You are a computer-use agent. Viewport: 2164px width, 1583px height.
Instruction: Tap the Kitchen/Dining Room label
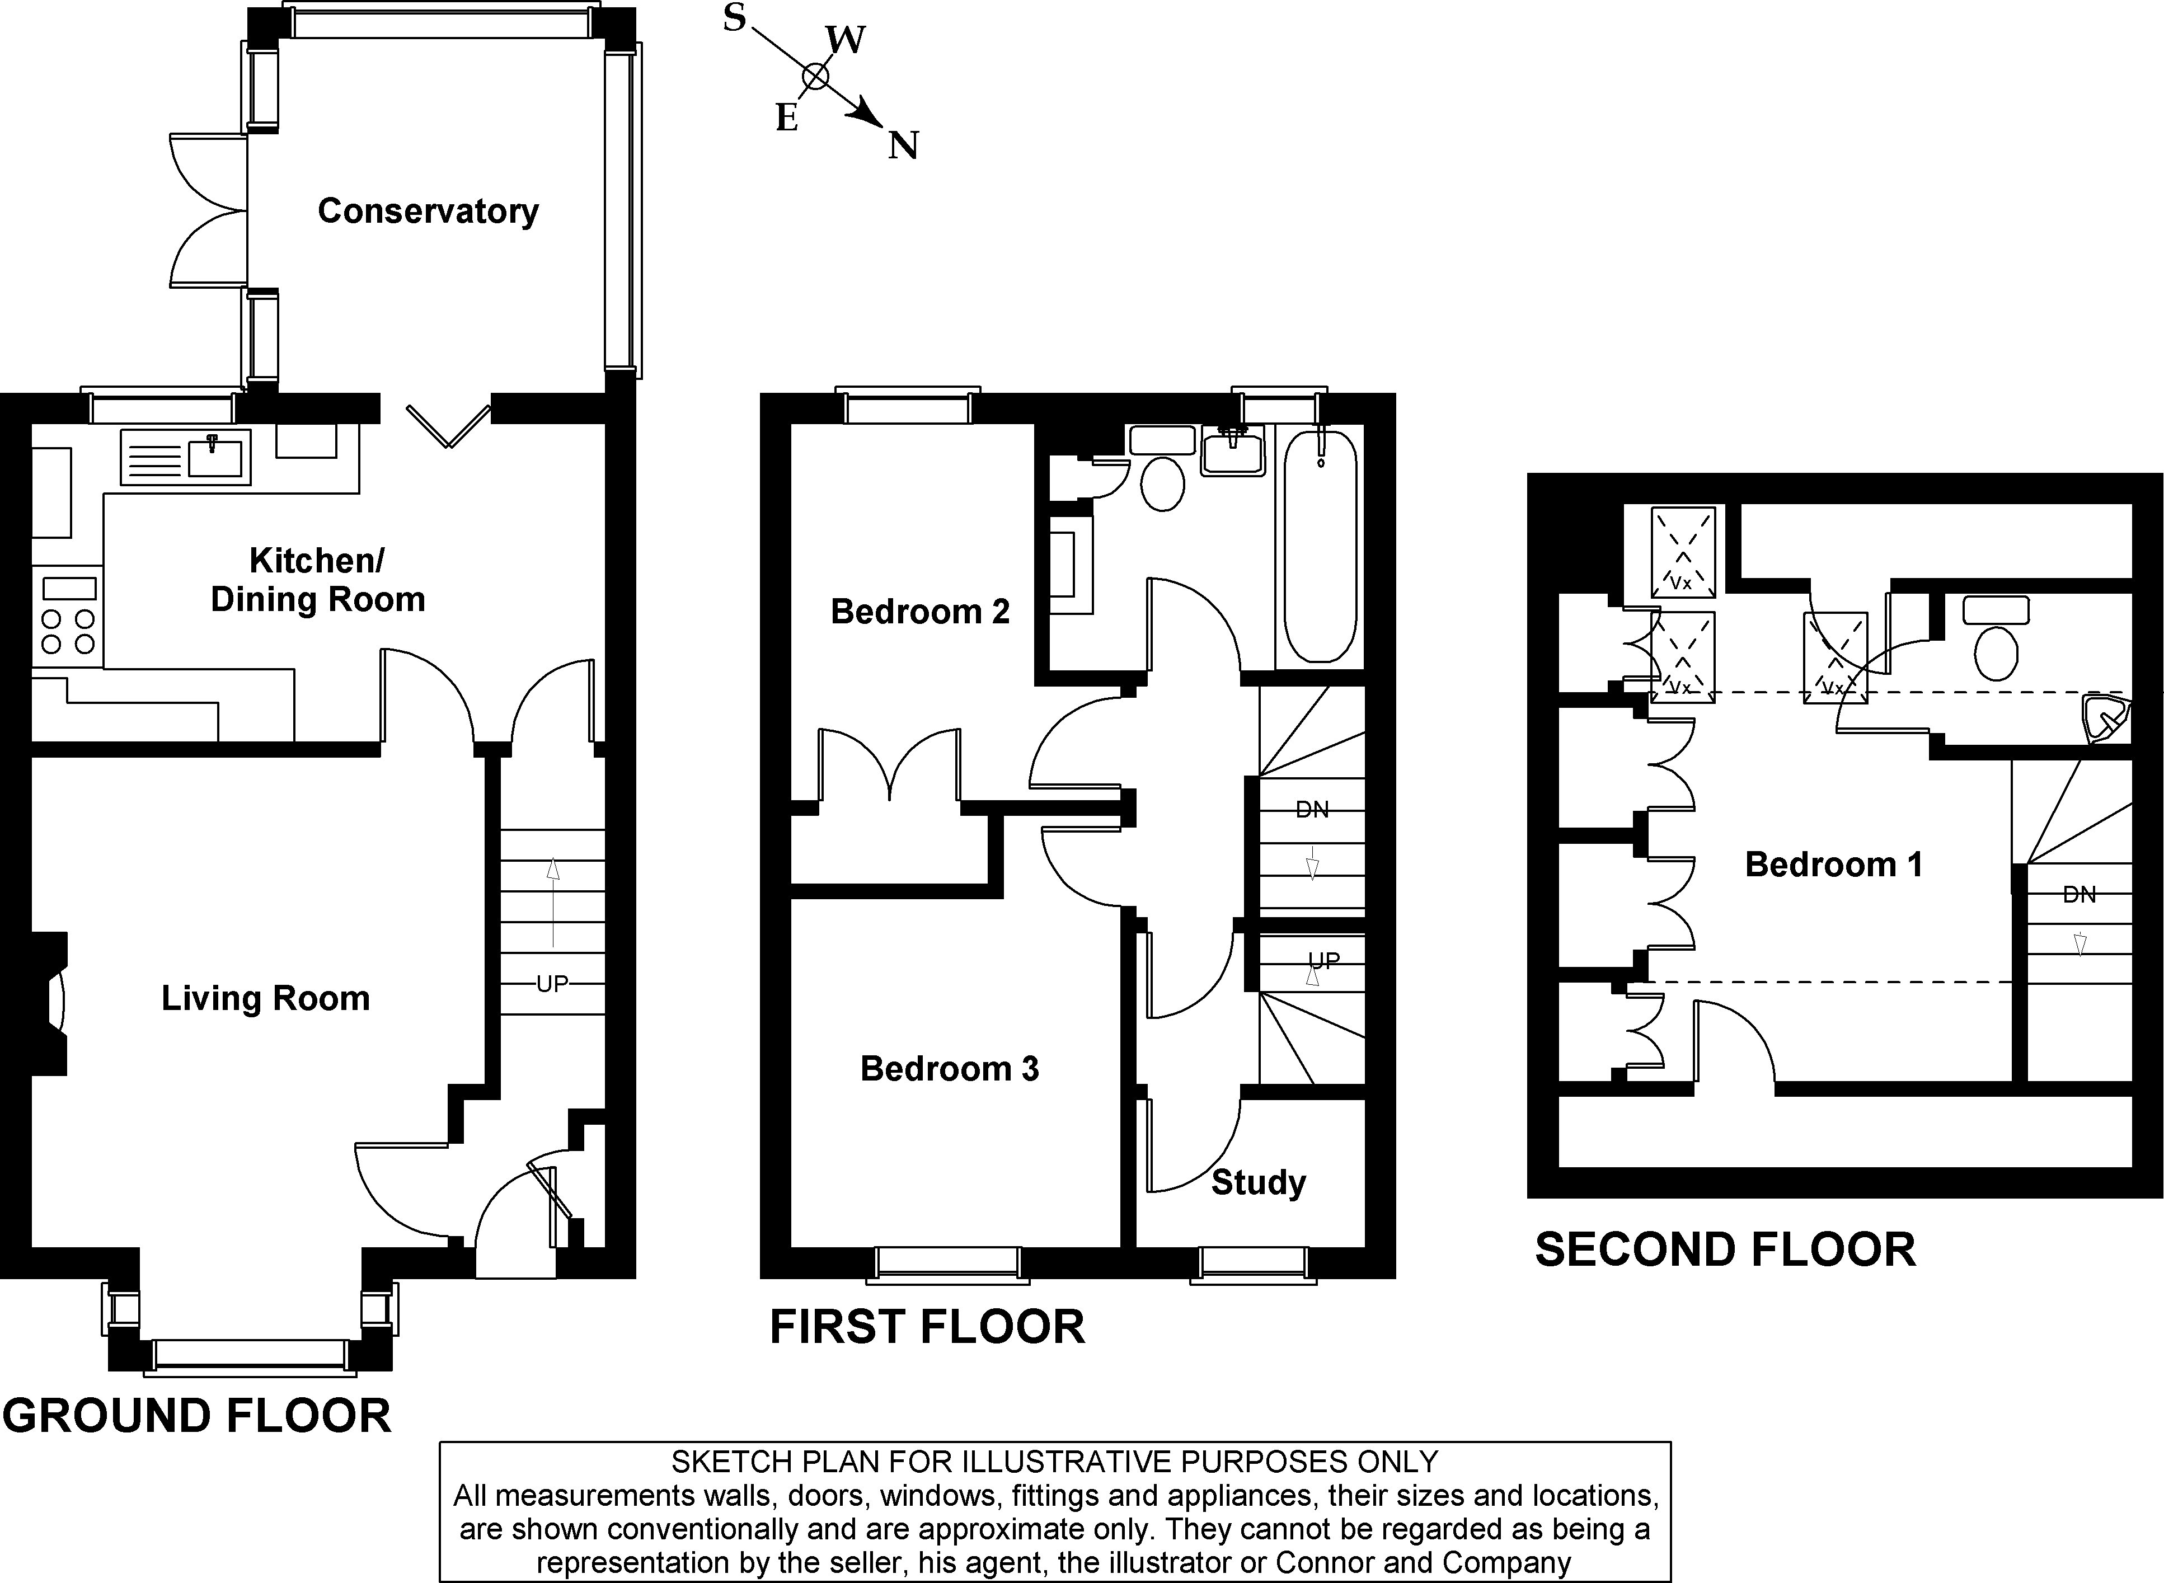[317, 580]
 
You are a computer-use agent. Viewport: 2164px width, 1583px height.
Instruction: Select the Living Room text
[265, 998]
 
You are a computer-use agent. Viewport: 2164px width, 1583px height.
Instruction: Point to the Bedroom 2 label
[920, 612]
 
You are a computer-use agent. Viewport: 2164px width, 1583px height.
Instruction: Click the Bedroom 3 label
[949, 1068]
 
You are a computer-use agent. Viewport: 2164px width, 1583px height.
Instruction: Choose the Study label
[1259, 1182]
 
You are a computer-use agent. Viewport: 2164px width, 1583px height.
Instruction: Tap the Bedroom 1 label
[1833, 865]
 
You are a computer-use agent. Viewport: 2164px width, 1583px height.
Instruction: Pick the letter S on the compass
[734, 17]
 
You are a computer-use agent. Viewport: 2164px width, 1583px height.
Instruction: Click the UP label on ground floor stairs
[552, 983]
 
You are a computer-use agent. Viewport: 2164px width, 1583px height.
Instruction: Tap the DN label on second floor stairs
[2079, 895]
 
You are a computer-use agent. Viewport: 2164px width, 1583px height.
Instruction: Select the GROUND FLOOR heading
[196, 1416]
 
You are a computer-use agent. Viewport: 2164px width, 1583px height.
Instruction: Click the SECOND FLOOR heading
[1725, 1250]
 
